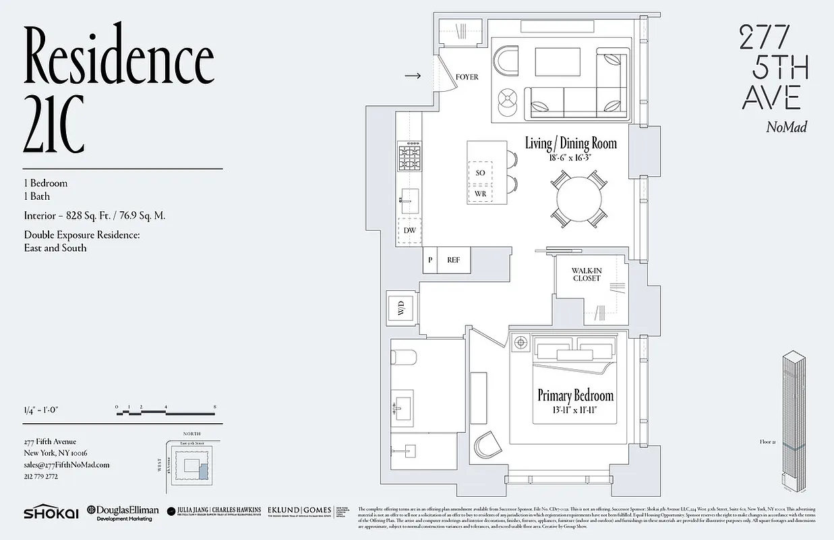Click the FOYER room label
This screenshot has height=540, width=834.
coord(467,77)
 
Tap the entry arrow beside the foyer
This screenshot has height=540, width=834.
coord(413,76)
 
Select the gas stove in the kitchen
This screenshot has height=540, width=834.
coord(409,159)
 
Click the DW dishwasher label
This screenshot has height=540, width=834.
coord(409,231)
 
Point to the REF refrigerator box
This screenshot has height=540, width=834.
coord(453,260)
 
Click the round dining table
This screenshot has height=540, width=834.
coord(577,198)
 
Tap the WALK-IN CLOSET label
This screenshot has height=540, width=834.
coord(587,274)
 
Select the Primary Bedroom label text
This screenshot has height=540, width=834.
coord(575,396)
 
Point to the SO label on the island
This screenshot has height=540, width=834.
coord(480,173)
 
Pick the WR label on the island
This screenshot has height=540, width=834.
coord(480,194)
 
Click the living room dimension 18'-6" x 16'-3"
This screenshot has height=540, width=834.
coord(570,157)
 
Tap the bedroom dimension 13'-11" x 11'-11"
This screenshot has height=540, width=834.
coord(575,409)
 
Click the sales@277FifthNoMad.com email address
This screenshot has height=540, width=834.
coord(67,464)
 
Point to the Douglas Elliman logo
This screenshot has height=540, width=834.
coord(121,512)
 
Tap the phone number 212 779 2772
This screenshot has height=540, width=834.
coord(41,476)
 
